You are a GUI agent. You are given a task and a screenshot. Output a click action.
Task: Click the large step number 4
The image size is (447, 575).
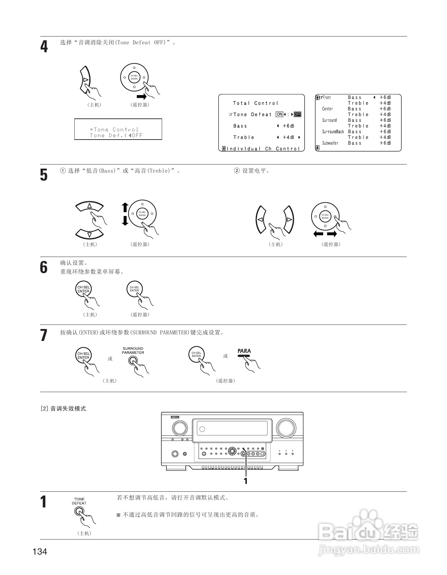click(x=44, y=46)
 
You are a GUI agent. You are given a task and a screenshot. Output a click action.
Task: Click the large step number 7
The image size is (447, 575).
click(x=44, y=335)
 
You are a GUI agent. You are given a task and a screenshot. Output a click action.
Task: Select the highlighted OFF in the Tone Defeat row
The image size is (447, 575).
click(x=298, y=115)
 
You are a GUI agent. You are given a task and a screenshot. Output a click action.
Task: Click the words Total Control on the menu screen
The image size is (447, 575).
click(x=256, y=103)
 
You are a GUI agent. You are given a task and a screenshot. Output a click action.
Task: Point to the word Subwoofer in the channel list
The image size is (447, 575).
click(x=330, y=143)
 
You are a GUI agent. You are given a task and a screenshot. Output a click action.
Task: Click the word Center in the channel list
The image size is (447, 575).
click(x=327, y=109)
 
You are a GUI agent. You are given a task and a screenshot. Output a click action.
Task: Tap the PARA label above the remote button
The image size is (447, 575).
click(x=244, y=351)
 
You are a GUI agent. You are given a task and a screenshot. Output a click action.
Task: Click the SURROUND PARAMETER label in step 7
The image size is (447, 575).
click(x=133, y=351)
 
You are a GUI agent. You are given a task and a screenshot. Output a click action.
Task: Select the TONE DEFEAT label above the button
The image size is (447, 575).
click(x=79, y=501)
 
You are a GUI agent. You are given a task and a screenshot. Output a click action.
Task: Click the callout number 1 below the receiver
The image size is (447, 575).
click(x=245, y=481)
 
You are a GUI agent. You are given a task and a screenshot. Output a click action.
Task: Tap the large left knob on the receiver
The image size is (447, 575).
click(x=180, y=428)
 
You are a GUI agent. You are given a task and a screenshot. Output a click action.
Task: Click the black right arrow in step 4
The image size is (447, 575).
click(x=142, y=97)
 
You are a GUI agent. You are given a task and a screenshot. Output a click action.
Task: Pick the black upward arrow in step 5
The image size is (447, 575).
click(x=125, y=207)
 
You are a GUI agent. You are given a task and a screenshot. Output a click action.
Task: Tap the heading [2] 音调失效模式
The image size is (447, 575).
click(x=63, y=408)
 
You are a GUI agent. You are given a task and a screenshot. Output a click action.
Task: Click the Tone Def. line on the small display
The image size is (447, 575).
click(x=116, y=135)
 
